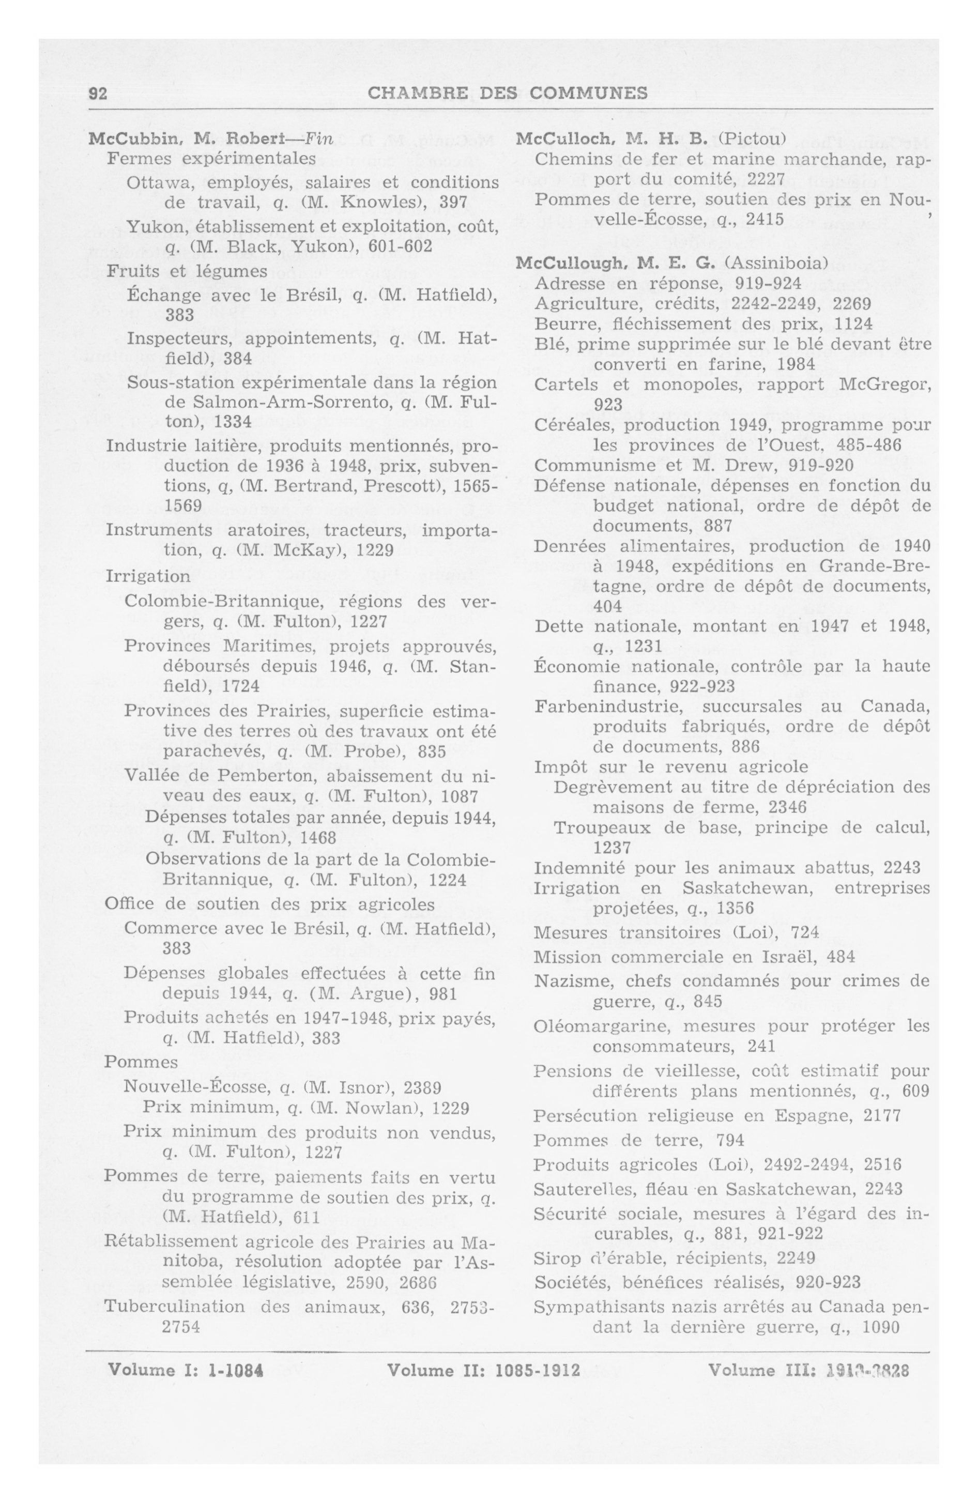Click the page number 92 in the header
97,94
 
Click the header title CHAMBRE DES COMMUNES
507,94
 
